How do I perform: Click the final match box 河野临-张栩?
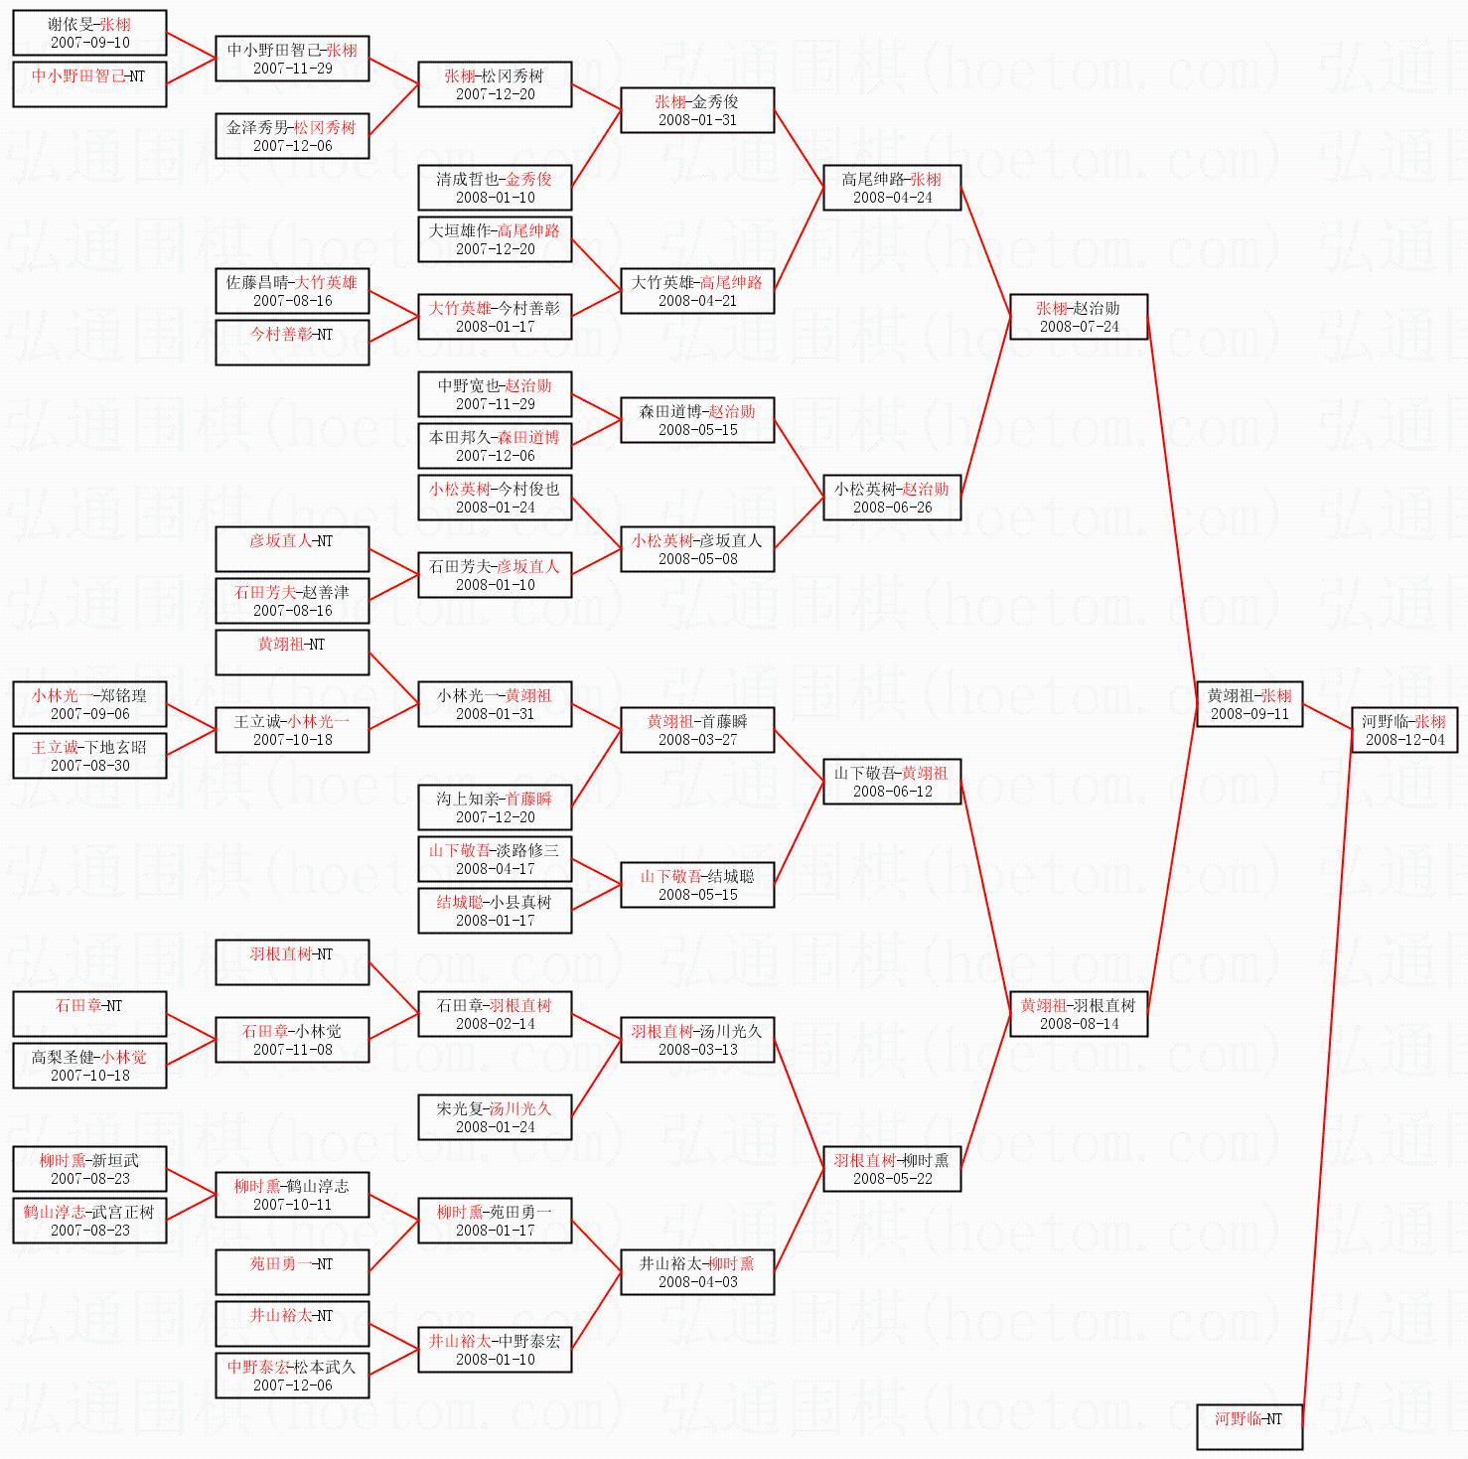coord(1404,730)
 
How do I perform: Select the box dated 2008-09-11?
coord(1249,704)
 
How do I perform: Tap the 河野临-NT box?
coord(1249,1427)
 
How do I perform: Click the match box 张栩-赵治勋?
coord(1079,317)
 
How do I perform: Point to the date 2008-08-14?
coord(1079,1024)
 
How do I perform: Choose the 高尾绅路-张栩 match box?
coord(892,188)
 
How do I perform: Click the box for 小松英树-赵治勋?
coord(892,498)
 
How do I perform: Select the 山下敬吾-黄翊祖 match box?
coord(892,782)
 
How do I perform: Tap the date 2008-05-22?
coord(892,1179)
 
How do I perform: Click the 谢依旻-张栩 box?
coord(89,33)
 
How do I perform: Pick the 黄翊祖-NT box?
coord(292,653)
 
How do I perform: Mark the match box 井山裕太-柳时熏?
coord(697,1272)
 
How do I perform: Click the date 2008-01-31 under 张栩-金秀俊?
coord(697,120)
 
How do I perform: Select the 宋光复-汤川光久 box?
coord(495,1117)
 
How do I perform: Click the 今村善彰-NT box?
coord(292,343)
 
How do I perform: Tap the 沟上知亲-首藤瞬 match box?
coord(495,807)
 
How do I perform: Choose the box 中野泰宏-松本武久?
coord(292,1376)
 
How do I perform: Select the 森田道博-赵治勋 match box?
coord(697,420)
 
